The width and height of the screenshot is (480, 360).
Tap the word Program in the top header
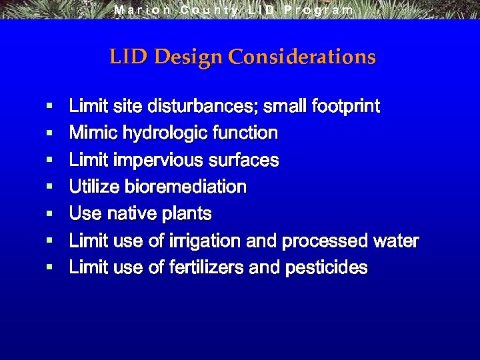pos(319,10)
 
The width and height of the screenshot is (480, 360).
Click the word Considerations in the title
pos(302,57)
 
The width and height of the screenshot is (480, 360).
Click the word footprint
pos(345,106)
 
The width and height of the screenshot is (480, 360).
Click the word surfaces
pos(244,161)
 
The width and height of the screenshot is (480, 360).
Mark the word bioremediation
pos(185,187)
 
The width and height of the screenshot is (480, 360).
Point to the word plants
pos(187,214)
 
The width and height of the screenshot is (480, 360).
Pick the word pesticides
pos(326,267)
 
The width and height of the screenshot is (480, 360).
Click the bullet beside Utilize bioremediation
pos(49,187)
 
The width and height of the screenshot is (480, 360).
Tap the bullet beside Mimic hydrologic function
pos(49,133)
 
